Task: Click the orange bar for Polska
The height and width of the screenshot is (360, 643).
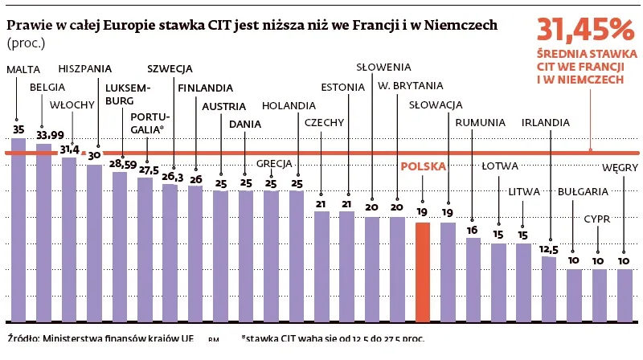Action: tap(423, 269)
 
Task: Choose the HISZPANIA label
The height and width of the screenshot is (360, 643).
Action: tap(85, 68)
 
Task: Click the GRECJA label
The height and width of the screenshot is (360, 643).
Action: tap(273, 163)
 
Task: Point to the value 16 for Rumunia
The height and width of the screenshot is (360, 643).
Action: tap(473, 229)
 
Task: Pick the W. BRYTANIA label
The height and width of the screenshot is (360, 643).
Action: tap(410, 85)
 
